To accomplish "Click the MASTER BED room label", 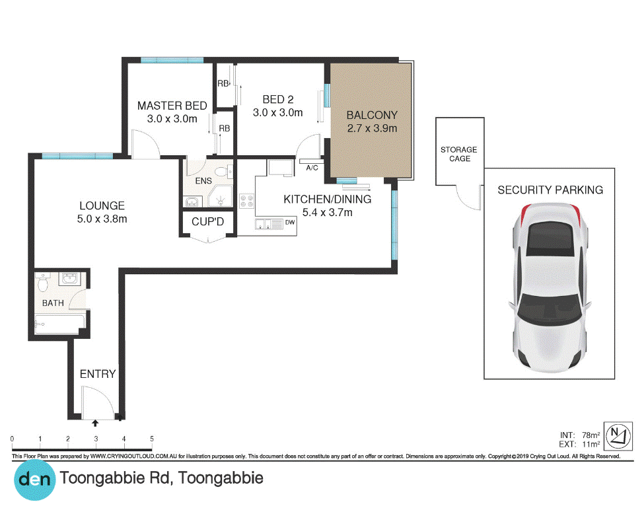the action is pos(172,106).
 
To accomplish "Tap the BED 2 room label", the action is pos(278,99).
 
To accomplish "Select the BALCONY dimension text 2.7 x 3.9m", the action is pos(372,128).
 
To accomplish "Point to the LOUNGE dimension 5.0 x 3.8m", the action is pos(102,219).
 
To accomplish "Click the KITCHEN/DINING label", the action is pos(328,200).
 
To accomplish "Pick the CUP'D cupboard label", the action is pos(208,222).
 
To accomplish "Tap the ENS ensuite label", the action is pos(203,181).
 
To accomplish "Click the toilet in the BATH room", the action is pos(43,282).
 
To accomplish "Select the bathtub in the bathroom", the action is pos(60,324).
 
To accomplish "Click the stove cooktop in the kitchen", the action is pos(247,202).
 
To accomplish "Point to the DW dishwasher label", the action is pos(290,222).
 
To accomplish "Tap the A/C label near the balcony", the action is pos(312,168).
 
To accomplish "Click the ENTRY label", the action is pos(98,374).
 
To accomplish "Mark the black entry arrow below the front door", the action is pos(95,423).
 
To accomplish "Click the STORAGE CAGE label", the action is pos(459,154).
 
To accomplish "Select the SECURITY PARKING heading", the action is pos(550,190).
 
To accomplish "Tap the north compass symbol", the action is pos(618,435).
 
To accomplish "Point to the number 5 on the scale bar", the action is pos(152,439).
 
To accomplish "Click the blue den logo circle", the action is pos(34,480).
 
